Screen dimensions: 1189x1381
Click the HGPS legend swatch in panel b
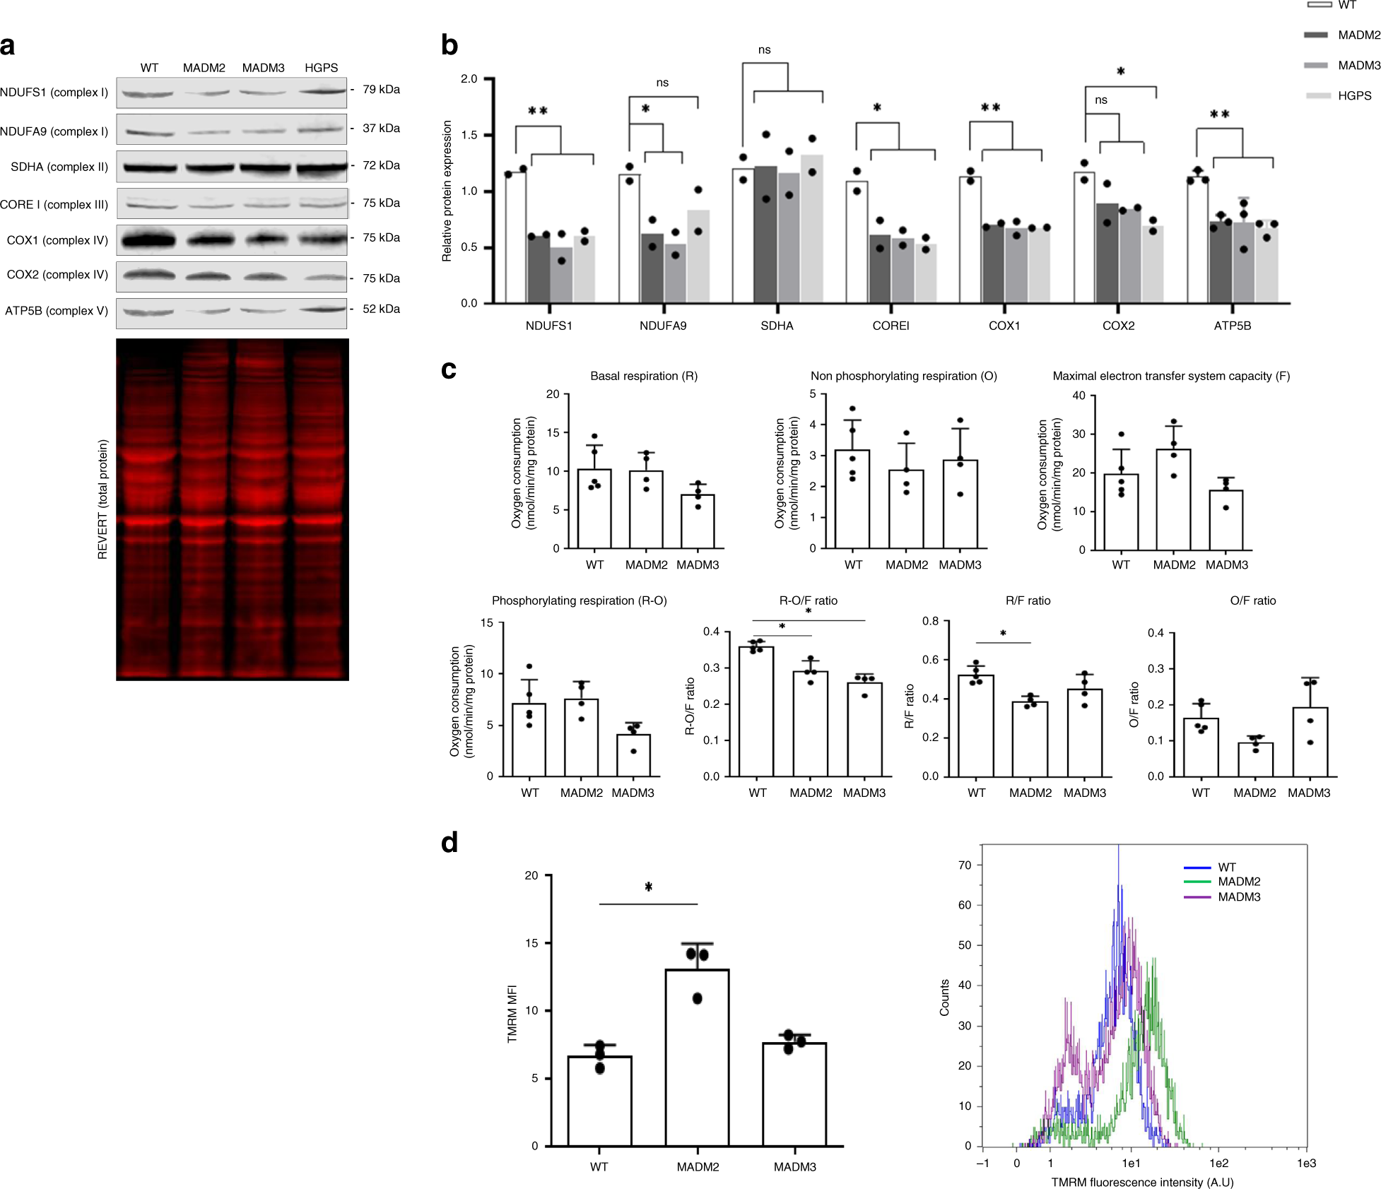1317,95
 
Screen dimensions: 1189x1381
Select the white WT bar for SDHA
743,236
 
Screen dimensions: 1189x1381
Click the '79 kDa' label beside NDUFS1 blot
381,90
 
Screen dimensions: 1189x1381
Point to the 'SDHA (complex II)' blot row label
59,167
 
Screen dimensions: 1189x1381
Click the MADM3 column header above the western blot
263,68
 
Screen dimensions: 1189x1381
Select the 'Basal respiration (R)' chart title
643,376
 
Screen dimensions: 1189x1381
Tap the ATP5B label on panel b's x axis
1232,326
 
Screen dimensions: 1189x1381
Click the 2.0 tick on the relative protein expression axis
469,78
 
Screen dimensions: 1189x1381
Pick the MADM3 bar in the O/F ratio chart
1310,742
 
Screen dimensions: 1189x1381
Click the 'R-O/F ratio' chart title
808,601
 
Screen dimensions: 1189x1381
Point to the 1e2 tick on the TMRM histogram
1218,1163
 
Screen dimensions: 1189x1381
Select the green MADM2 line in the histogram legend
1197,882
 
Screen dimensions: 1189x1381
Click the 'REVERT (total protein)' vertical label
103,499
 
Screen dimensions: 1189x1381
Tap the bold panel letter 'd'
449,843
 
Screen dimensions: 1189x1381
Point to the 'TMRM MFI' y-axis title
512,1014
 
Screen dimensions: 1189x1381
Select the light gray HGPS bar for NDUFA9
698,256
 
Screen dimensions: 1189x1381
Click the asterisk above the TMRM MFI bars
648,887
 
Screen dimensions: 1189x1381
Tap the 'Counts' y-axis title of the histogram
944,998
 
